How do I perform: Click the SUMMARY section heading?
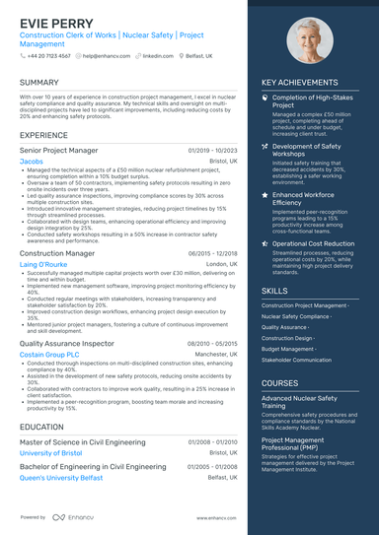pos(38,83)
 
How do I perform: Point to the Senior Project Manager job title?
pos(58,150)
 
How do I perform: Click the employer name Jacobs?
pos(31,161)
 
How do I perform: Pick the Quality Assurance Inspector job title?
pos(67,342)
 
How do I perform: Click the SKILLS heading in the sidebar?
pos(275,292)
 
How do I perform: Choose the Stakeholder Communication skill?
pos(296,361)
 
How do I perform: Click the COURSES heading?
pos(280,383)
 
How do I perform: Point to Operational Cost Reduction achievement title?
pos(313,243)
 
